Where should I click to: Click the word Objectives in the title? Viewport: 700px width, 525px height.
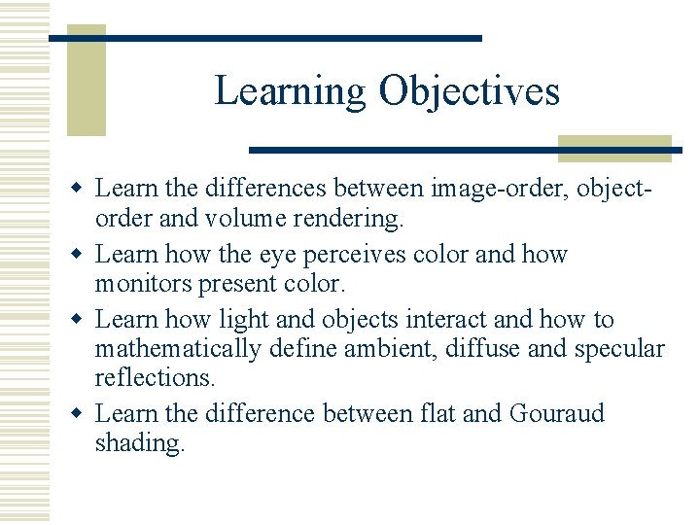[x=470, y=91]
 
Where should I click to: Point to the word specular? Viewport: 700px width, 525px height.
[x=619, y=349]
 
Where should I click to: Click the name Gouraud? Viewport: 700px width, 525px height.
[x=557, y=413]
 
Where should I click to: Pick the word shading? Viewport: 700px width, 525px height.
[x=139, y=443]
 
